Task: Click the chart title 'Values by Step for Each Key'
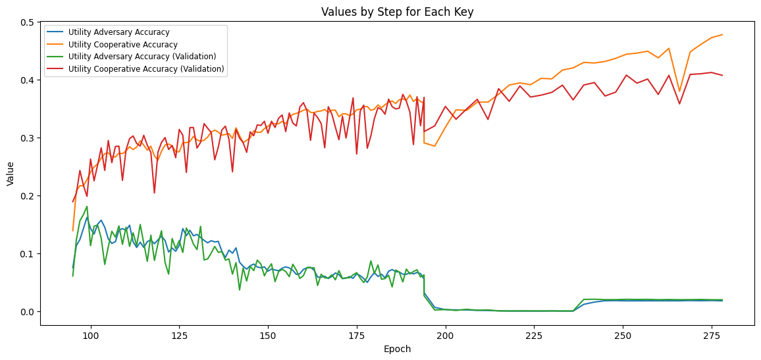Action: pyautogui.click(x=397, y=11)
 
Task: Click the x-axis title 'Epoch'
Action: pyautogui.click(x=397, y=349)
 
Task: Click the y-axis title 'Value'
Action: pyautogui.click(x=10, y=174)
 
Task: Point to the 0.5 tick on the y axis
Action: pyautogui.click(x=28, y=22)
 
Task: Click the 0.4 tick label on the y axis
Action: pyautogui.click(x=28, y=80)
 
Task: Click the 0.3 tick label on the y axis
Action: pyautogui.click(x=28, y=138)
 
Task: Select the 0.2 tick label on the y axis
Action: pyautogui.click(x=28, y=196)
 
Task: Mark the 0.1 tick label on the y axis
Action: pyautogui.click(x=28, y=254)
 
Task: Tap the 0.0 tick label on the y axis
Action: pyautogui.click(x=28, y=312)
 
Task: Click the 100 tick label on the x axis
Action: pyautogui.click(x=90, y=335)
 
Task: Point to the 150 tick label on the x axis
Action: pyautogui.click(x=268, y=335)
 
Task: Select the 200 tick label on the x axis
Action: pyautogui.click(x=446, y=335)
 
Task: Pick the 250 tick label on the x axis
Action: pyautogui.click(x=623, y=335)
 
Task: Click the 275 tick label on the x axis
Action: pyautogui.click(x=712, y=335)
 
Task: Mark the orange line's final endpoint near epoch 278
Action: pyautogui.click(x=722, y=35)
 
